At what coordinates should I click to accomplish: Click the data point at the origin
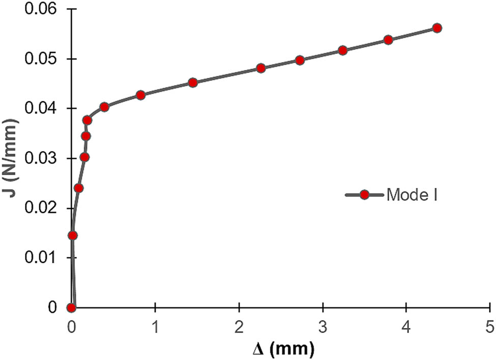72,308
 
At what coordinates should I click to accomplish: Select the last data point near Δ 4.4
437,28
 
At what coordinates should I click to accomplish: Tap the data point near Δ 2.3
261,68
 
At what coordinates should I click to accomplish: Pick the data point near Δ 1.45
192,82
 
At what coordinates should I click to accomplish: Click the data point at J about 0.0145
73,235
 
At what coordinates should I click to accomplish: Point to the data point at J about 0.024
78,188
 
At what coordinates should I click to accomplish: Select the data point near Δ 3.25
342,50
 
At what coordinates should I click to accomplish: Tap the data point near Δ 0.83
141,95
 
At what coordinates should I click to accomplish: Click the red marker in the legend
364,195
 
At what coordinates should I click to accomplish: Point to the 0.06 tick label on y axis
43,10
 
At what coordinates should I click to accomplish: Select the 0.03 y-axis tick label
43,159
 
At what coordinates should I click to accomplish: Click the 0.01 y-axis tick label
43,258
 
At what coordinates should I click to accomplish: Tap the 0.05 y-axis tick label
43,60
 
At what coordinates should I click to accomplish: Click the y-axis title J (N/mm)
11,158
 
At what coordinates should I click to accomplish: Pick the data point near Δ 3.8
388,40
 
